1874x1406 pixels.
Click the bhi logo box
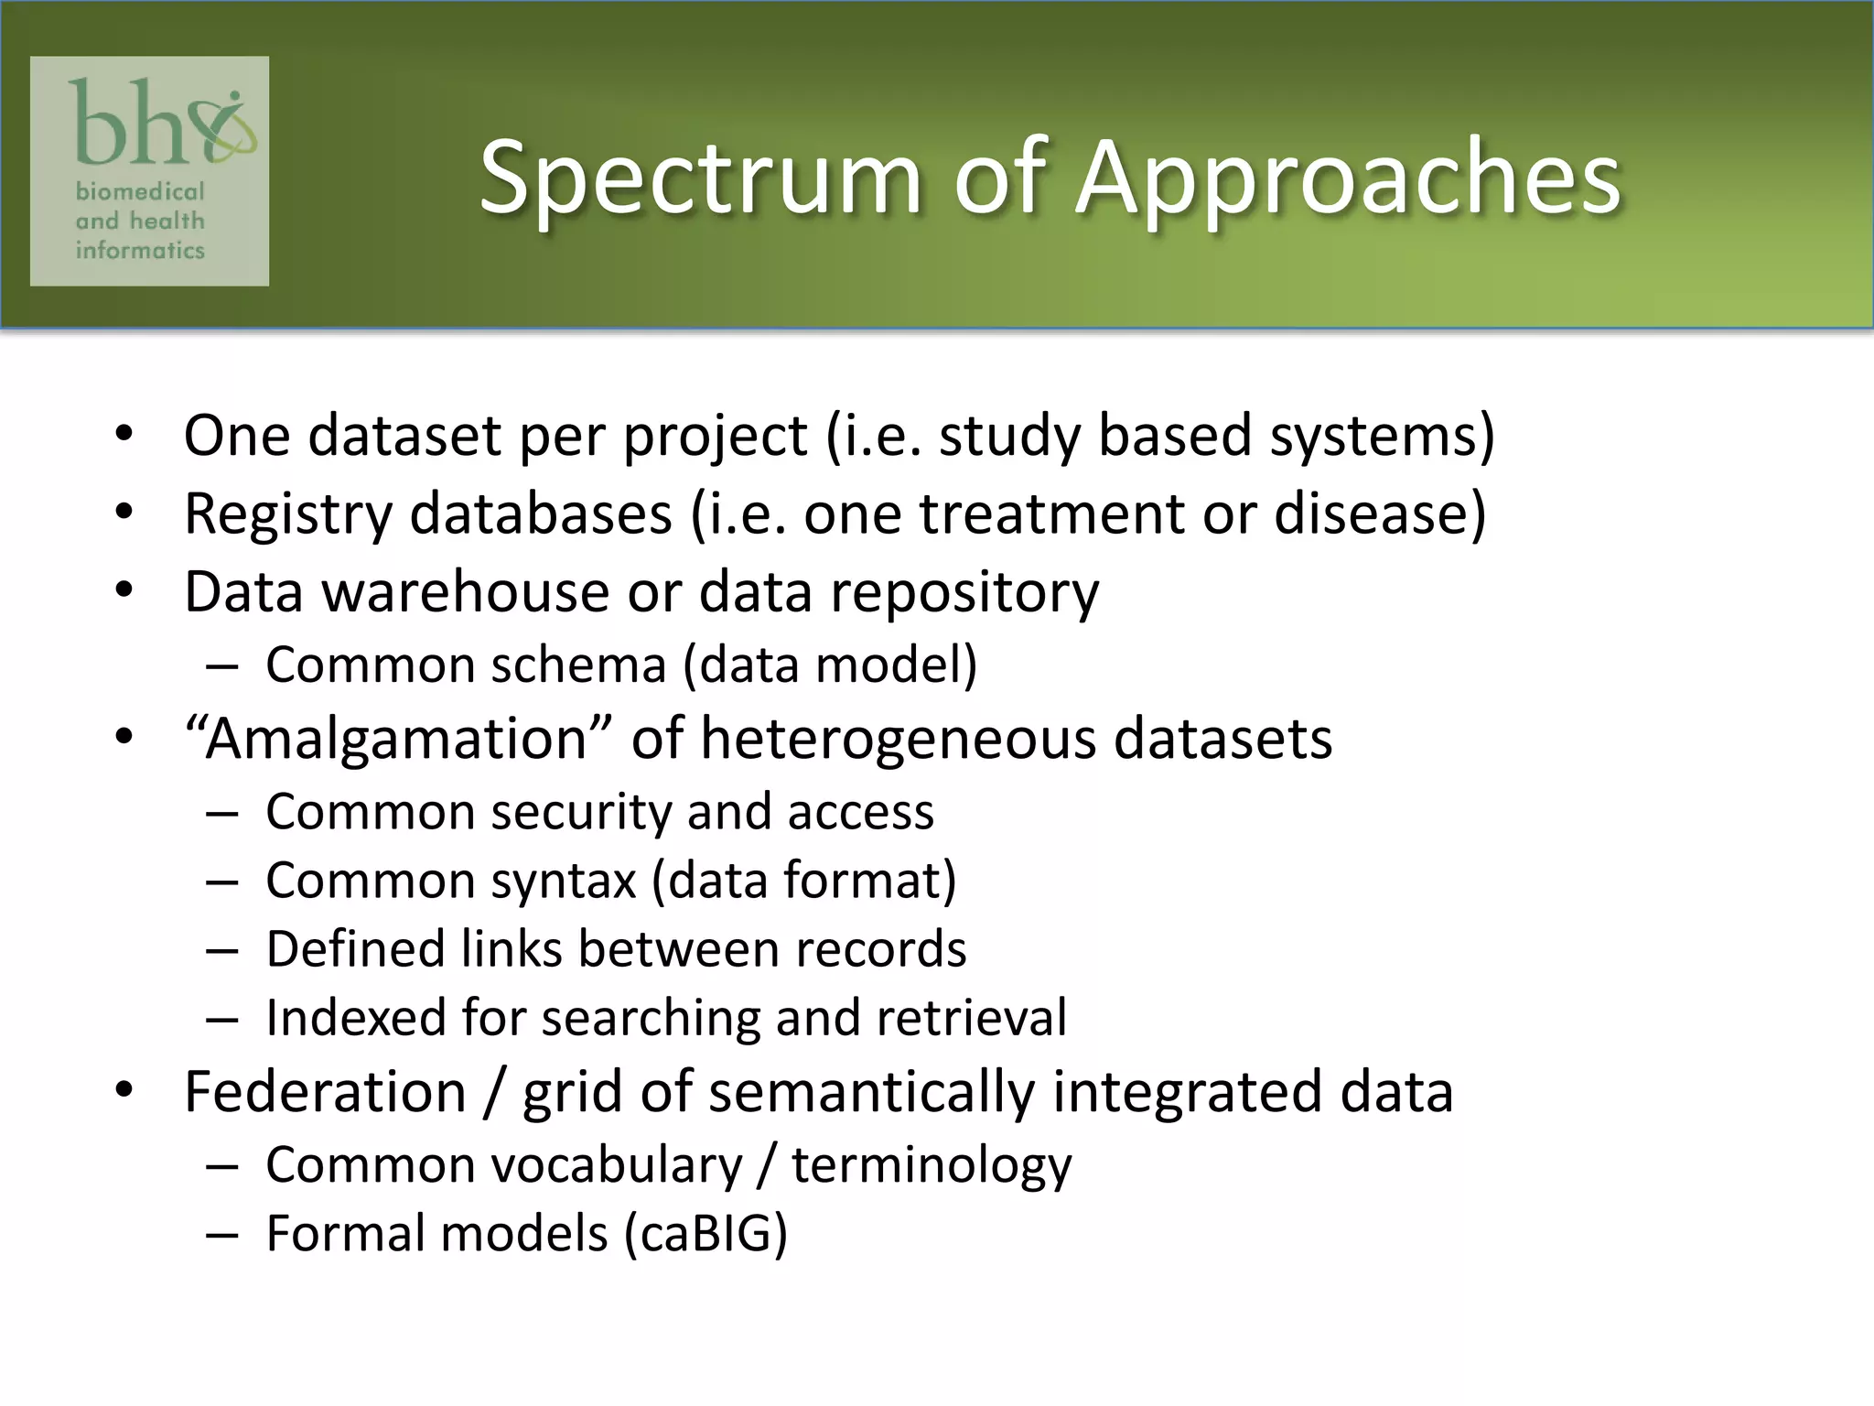(149, 171)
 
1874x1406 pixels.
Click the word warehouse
(466, 592)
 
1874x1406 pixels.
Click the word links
(512, 949)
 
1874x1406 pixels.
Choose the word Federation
(326, 1092)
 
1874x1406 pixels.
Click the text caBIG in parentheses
(705, 1234)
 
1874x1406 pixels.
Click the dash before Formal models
(221, 1235)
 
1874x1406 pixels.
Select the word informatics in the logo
(140, 250)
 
